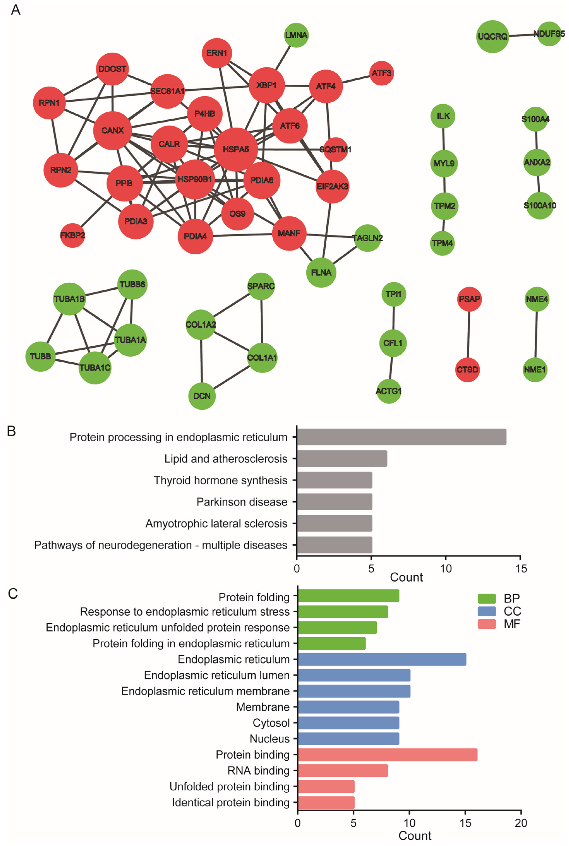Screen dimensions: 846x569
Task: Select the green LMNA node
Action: tap(296, 35)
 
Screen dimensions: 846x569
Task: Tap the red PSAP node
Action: tap(469, 299)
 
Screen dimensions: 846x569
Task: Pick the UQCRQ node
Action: tap(492, 36)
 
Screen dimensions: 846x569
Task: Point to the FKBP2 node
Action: tap(73, 235)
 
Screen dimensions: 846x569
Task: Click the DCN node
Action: tap(202, 396)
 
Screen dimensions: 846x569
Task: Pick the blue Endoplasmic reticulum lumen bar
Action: tap(354, 675)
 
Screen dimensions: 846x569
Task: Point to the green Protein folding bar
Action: tap(348, 596)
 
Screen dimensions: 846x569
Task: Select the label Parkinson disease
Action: tap(242, 502)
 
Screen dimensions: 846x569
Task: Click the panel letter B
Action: tap(12, 431)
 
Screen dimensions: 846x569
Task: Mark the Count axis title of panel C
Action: tap(415, 836)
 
